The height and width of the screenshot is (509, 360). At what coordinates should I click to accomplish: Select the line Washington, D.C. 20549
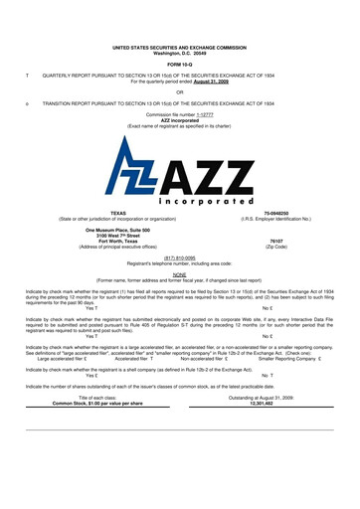180,24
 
